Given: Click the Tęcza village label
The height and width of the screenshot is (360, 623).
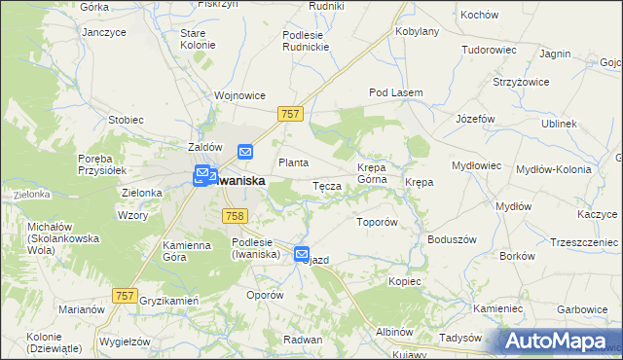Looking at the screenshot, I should (325, 185).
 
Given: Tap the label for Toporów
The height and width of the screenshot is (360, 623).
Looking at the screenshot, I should (378, 222).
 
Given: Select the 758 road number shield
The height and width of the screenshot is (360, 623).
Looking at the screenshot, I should (234, 216).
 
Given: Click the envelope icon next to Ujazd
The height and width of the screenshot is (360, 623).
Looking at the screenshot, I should (302, 254).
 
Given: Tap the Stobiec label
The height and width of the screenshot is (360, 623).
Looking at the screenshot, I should (126, 120).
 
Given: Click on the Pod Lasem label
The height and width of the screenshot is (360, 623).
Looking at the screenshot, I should (395, 92).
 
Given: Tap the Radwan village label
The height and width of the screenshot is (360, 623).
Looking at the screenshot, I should (302, 339).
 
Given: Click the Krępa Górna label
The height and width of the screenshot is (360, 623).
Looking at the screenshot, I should (372, 172).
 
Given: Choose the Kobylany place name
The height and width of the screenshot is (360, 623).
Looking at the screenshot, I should (418, 31).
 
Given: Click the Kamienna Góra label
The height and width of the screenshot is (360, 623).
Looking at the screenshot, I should (186, 251).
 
